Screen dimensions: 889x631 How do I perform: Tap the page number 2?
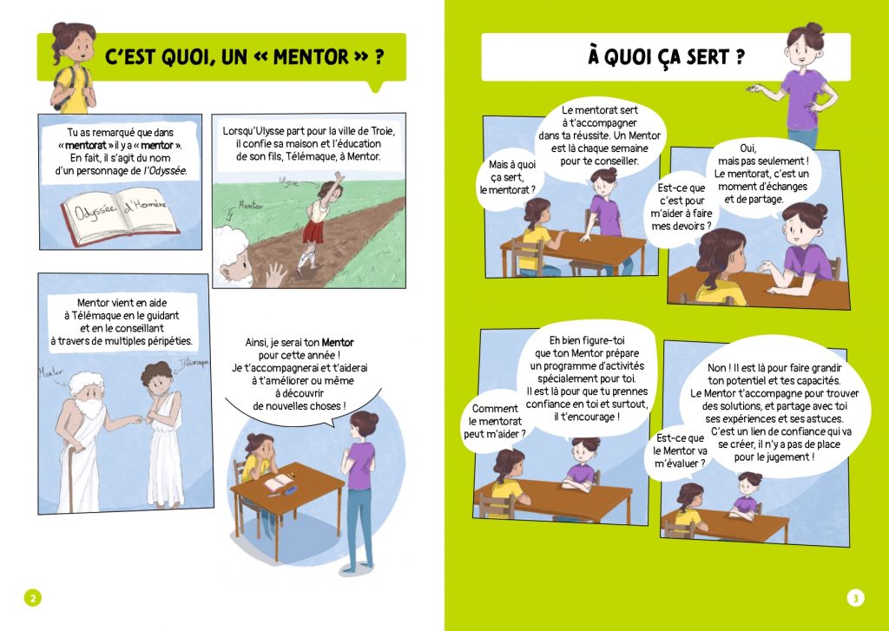pos(32,597)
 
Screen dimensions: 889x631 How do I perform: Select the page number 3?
pos(855,597)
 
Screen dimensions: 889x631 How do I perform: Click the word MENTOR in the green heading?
pos(312,56)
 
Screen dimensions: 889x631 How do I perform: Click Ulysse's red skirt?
pos(313,232)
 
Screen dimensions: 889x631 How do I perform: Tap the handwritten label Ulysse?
pos(288,181)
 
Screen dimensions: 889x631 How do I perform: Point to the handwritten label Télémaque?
pos(194,362)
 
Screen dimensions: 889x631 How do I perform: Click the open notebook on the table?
pos(279,483)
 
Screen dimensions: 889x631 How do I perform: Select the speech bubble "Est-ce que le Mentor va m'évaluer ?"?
pos(679,450)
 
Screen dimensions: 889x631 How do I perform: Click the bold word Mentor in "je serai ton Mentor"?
pos(338,343)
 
